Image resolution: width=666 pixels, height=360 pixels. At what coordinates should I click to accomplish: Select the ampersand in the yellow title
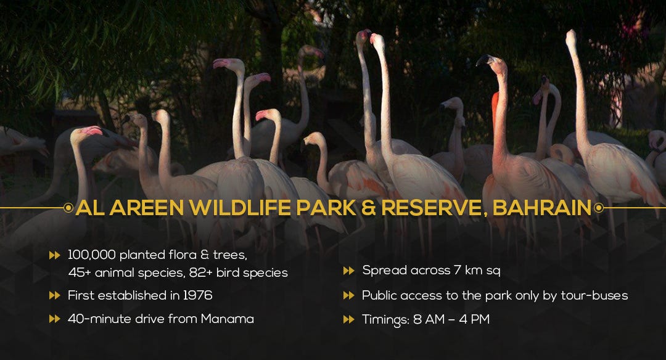[368, 208]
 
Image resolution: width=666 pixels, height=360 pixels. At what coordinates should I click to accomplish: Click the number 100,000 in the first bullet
[92, 255]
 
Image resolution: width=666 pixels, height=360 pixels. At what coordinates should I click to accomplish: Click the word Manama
[227, 319]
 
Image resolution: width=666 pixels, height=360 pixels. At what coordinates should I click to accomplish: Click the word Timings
[385, 319]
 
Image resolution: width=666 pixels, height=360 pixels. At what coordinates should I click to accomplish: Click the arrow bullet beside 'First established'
[55, 295]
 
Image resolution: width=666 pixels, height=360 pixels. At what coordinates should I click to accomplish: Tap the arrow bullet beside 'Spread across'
[348, 271]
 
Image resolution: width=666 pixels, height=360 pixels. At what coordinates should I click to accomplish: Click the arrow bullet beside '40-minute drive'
[55, 319]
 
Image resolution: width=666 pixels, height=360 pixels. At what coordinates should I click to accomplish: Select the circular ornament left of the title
[68, 208]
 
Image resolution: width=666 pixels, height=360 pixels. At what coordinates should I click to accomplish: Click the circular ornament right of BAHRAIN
[598, 208]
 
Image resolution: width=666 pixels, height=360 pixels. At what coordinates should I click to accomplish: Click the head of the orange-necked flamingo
[493, 62]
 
